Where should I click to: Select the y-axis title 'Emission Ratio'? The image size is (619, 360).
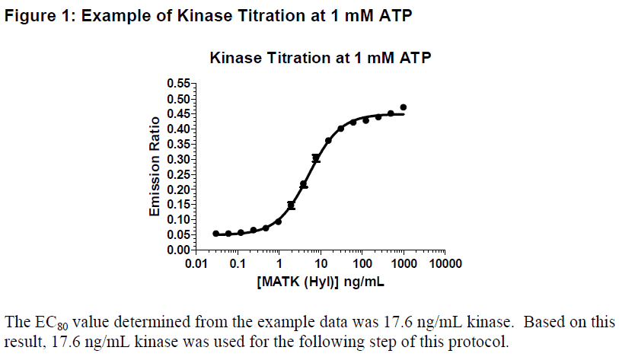coord(155,166)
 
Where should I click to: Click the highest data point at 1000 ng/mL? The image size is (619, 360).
coord(404,107)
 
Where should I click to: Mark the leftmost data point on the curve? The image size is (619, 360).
coord(215,234)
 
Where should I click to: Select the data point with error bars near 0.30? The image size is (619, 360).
coord(316,158)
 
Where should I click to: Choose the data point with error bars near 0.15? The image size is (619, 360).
coord(291,205)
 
